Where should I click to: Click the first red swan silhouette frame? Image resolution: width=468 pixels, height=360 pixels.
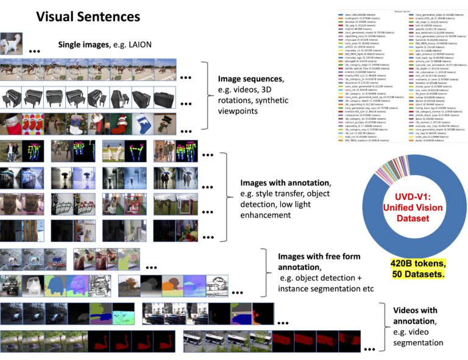98,341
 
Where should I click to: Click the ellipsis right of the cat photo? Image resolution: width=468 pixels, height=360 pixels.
36,49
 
